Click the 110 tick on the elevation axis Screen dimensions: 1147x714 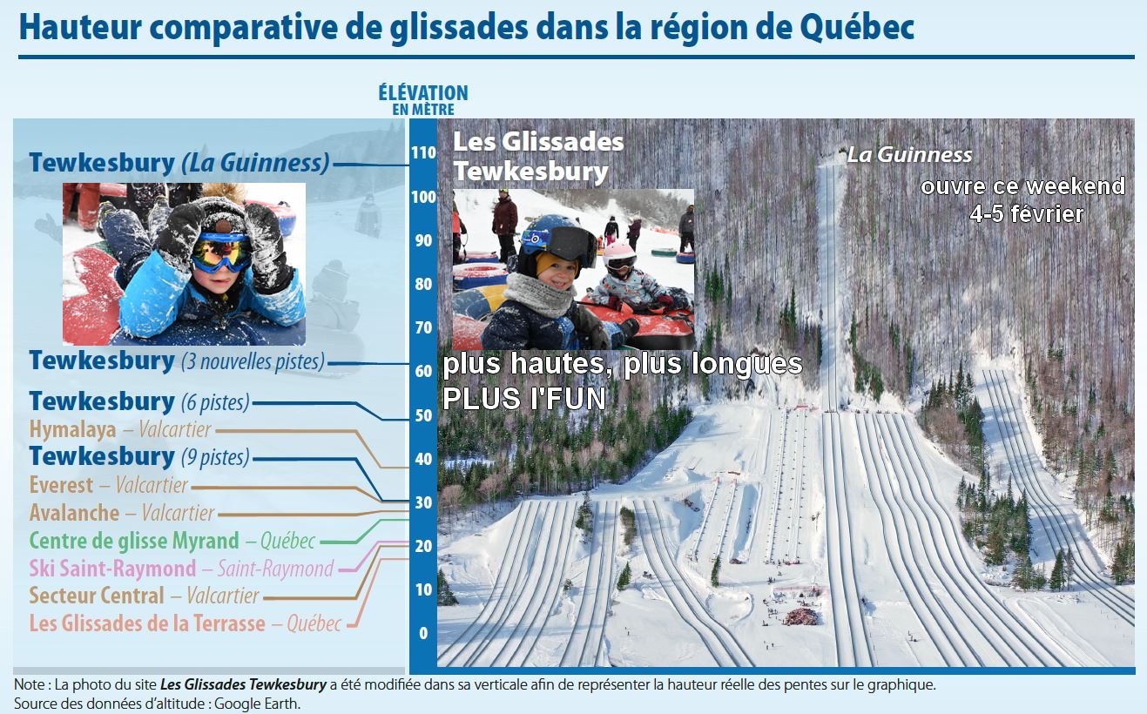tap(423, 152)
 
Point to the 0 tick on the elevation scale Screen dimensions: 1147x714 tap(423, 633)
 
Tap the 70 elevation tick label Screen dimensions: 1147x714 tap(423, 327)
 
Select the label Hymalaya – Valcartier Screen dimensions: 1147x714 tap(120, 429)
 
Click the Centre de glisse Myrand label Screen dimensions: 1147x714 tap(172, 541)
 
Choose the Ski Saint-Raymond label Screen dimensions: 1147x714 tap(181, 568)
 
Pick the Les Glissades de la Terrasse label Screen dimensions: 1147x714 tap(186, 623)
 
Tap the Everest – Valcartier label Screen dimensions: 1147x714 tap(109, 485)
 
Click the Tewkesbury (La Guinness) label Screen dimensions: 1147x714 tap(179, 163)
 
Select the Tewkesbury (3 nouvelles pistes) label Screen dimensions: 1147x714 tap(177, 360)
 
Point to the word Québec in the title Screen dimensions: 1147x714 tap(857, 28)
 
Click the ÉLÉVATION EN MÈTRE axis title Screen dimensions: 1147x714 tap(423, 100)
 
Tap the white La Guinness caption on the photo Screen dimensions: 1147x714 tap(909, 155)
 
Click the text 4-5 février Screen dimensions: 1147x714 tap(1027, 214)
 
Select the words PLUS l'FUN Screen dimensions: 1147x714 tap(524, 399)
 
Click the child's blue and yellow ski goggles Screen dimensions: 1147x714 tap(220, 252)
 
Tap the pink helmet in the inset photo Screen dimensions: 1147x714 tap(619, 254)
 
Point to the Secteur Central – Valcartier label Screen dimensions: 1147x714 tap(145, 596)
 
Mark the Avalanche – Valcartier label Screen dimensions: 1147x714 tap(122, 513)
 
